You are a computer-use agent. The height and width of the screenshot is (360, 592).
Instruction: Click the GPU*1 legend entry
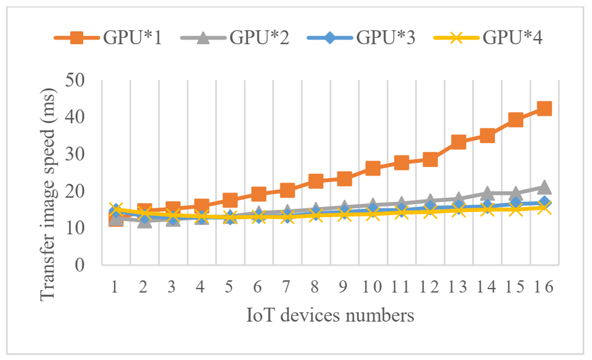tap(108, 38)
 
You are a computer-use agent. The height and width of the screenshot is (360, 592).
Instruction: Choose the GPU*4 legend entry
tap(490, 38)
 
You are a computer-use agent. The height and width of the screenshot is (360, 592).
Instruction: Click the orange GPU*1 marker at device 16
tap(544, 109)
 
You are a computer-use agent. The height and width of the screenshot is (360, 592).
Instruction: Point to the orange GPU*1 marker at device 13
tap(458, 142)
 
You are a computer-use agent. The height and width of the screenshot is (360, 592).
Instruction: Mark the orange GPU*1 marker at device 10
tap(373, 169)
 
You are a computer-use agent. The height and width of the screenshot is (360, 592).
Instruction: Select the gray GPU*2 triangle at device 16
tap(544, 187)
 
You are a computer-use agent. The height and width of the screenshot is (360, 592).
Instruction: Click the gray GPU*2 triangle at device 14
tap(487, 193)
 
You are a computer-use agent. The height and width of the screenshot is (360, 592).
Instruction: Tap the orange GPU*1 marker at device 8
tap(316, 181)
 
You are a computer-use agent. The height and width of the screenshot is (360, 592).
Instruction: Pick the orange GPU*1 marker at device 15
tap(516, 120)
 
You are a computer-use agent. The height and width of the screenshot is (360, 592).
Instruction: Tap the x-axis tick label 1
tap(115, 287)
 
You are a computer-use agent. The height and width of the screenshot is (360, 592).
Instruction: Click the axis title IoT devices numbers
tap(330, 316)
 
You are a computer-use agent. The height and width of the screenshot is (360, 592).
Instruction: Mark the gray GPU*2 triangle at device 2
tap(144, 220)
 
